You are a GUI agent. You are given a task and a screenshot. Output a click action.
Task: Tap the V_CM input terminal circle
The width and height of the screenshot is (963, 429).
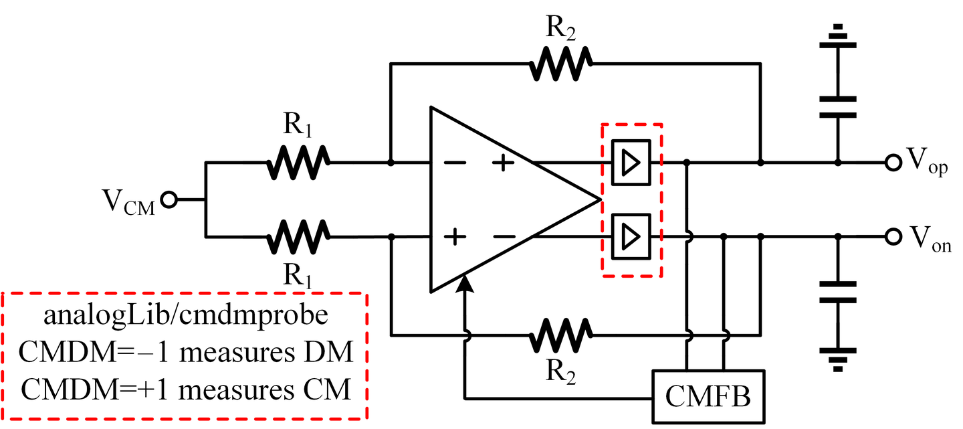[x=169, y=199]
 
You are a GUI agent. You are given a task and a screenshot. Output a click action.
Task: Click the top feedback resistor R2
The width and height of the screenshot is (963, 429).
[x=560, y=64]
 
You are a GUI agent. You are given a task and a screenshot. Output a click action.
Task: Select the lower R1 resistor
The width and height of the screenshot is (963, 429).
[x=298, y=236]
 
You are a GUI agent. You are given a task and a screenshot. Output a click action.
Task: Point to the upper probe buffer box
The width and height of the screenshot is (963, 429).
[x=631, y=163]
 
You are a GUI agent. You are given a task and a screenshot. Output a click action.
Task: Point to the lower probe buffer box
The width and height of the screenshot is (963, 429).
[x=631, y=236]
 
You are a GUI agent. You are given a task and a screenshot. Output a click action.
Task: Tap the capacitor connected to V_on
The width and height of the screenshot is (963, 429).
[x=837, y=292]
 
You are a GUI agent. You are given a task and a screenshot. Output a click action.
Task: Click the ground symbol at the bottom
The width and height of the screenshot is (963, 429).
[x=837, y=359]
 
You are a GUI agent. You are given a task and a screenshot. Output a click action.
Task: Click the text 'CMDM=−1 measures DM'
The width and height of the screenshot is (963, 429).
[x=185, y=351]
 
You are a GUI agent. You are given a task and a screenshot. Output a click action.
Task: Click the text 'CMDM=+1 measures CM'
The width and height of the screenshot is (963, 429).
[x=185, y=389]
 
